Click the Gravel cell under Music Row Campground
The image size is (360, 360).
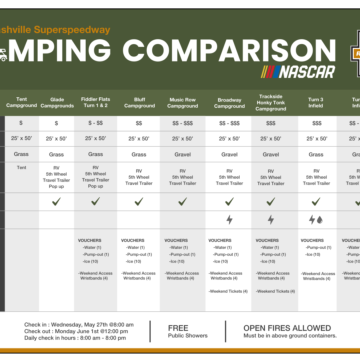183,154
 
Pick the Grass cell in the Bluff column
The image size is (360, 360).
138,154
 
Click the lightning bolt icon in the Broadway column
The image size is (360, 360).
229,219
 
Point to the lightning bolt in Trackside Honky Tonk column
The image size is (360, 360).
271,219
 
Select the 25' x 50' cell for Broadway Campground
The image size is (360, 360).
229,137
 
